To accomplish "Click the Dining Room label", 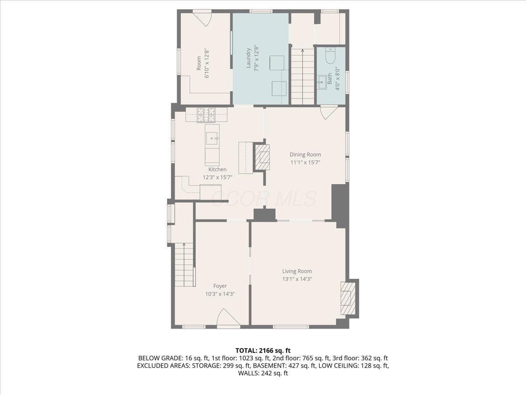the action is pos(305,154).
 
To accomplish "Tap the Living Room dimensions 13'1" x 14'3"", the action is pos(297,279).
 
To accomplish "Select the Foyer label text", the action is pos(220,286).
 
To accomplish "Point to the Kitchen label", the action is pos(217,169).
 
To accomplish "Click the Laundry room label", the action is pos(248,58).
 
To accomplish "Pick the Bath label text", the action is pos(330,79).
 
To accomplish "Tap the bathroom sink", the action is pos(322,82).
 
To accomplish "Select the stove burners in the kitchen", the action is pos(206,115).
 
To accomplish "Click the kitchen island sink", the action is pos(212,138).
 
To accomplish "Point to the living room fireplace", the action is pos(348,298).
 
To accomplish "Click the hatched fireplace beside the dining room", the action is pos(262,157).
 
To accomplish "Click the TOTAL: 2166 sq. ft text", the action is pos(263,351).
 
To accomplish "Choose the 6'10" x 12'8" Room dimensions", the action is pos(207,64).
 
